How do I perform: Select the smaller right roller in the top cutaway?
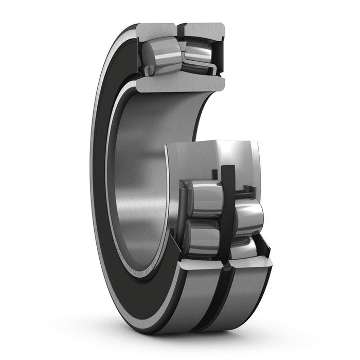pos(198,52)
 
